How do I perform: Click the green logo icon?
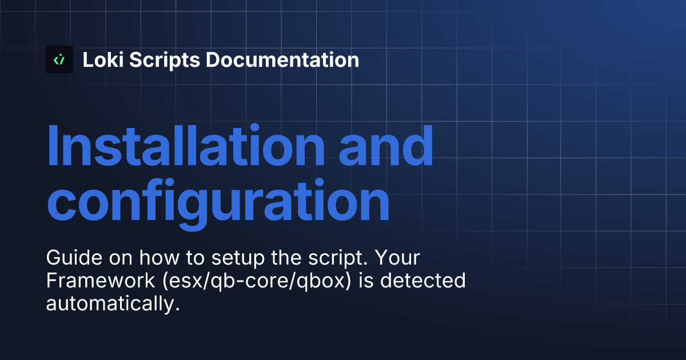pyautogui.click(x=59, y=59)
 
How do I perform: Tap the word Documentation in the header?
pyautogui.click(x=282, y=59)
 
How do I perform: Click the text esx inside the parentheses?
pyautogui.click(x=172, y=281)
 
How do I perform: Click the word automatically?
pyautogui.click(x=109, y=303)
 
